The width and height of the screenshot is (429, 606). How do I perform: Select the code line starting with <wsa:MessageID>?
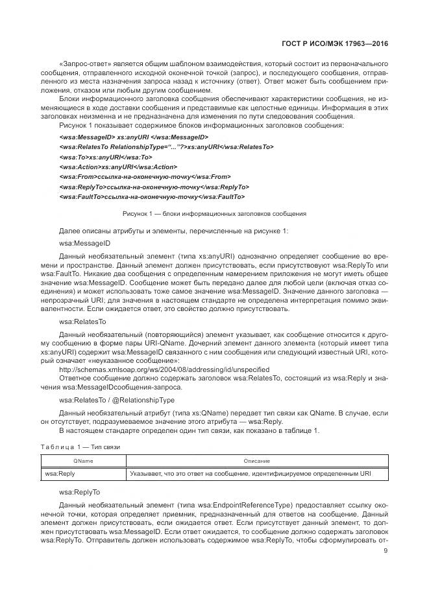point(133,137)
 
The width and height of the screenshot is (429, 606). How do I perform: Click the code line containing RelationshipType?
point(166,147)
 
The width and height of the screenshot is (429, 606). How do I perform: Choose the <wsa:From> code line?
point(143,176)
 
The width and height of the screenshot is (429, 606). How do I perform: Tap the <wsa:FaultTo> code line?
point(151,196)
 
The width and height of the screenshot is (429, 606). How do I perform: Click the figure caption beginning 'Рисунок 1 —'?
point(214,213)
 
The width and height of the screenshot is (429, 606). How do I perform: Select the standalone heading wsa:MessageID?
point(84,244)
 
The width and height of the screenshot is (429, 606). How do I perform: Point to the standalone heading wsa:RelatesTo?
point(82,321)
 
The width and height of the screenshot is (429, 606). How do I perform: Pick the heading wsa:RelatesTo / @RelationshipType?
point(116,400)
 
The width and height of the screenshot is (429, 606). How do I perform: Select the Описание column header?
point(256,461)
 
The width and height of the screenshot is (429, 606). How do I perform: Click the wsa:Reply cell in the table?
point(60,474)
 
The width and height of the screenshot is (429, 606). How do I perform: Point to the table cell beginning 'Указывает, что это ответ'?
point(251,474)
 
